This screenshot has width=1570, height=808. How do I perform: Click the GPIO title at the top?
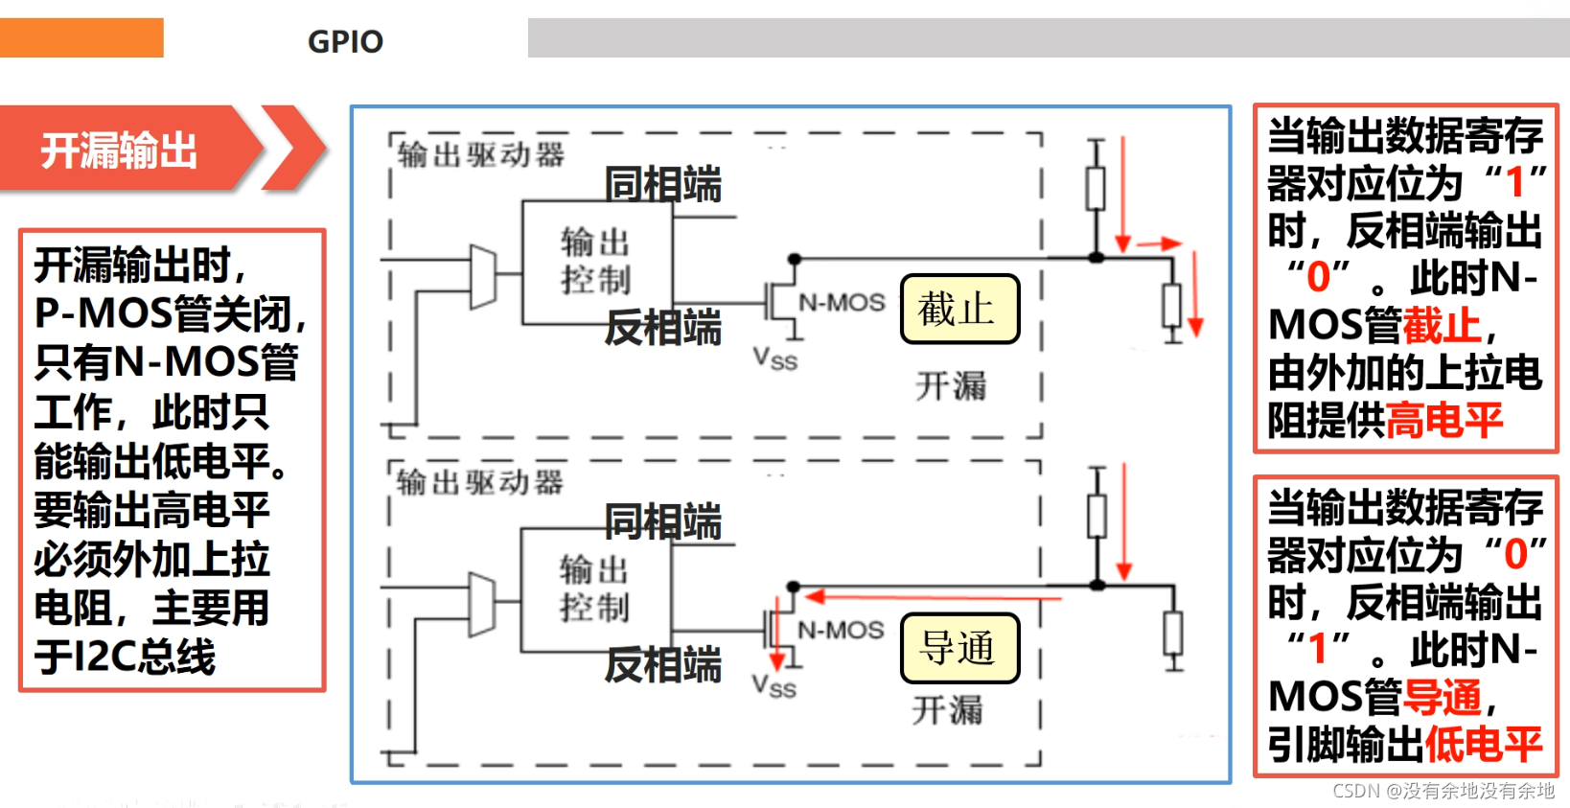345,41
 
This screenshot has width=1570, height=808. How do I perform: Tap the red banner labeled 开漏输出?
120,150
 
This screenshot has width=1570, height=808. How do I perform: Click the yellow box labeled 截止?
958,309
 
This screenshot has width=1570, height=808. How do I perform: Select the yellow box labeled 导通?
958,648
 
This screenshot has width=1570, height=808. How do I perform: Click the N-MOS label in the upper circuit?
842,303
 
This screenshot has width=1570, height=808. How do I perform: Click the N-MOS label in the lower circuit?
841,630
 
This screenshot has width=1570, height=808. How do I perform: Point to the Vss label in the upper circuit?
774,359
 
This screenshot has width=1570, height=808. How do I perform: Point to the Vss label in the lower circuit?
773,686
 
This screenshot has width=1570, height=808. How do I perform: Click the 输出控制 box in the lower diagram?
595,589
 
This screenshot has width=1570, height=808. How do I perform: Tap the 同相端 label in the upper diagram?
662,184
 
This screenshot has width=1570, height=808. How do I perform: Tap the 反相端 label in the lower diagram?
662,664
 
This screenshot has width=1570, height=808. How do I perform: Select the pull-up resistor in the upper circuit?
1096,188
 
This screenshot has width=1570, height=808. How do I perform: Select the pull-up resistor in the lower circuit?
1097,516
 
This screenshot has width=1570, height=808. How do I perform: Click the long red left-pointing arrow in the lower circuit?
930,597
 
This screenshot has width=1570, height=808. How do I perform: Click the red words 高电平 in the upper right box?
1443,420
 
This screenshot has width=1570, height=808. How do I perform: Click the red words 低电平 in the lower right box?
1483,744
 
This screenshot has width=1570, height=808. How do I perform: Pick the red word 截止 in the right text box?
1442,325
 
